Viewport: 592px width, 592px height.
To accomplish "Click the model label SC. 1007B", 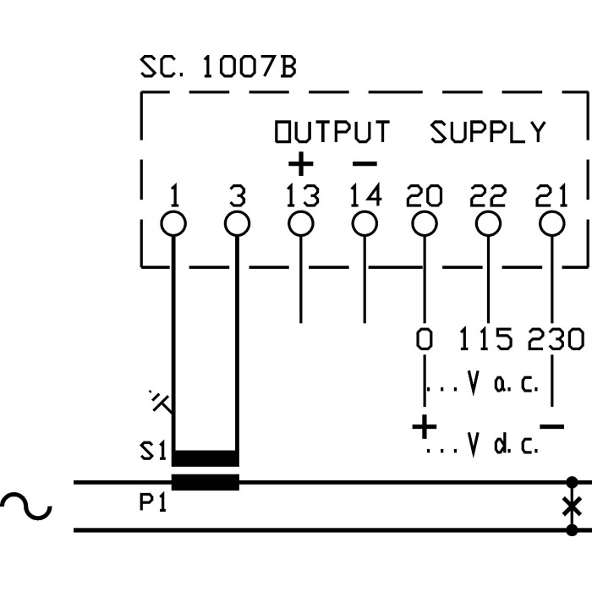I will (217, 69).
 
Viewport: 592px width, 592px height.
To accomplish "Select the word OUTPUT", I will (332, 133).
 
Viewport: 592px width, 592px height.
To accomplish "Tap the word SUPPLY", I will (488, 133).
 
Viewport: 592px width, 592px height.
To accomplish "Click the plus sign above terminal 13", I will (300, 163).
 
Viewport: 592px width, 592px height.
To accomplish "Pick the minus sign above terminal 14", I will (365, 163).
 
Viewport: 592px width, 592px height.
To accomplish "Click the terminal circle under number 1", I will (173, 224).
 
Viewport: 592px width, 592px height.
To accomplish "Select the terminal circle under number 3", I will (237, 224).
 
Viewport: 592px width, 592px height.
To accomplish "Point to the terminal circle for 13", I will (300, 224).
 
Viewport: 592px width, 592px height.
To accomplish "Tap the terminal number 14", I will (365, 196).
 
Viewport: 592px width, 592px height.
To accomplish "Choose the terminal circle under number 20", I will (424, 224).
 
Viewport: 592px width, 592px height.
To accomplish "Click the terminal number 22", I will (488, 196).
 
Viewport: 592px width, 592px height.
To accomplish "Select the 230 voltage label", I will (556, 340).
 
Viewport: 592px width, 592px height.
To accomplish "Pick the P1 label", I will (153, 504).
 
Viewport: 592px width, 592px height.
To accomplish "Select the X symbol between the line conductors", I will (573, 507).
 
